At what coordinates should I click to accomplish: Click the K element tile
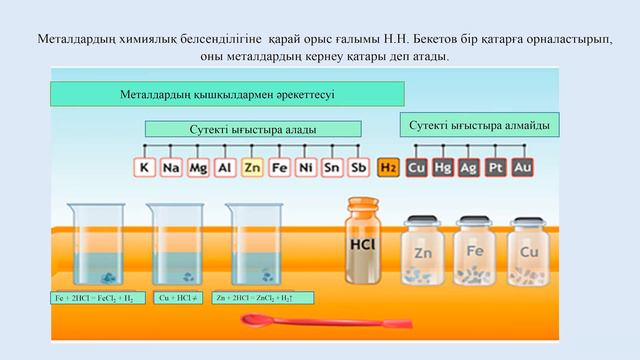tap(145, 168)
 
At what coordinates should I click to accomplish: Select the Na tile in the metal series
tap(171, 168)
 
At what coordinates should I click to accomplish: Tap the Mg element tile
tap(198, 168)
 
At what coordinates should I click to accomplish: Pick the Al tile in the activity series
tap(225, 168)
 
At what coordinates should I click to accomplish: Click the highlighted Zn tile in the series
tap(252, 168)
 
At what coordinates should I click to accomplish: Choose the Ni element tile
tap(306, 168)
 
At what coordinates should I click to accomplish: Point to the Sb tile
tap(360, 168)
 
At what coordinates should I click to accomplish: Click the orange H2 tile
tap(388, 168)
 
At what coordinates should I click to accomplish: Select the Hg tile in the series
tap(442, 168)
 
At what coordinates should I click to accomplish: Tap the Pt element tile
tap(495, 168)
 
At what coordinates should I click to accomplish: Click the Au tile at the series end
tap(521, 168)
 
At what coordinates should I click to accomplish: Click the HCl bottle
tap(362, 240)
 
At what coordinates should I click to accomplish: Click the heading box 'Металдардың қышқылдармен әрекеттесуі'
tap(227, 94)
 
